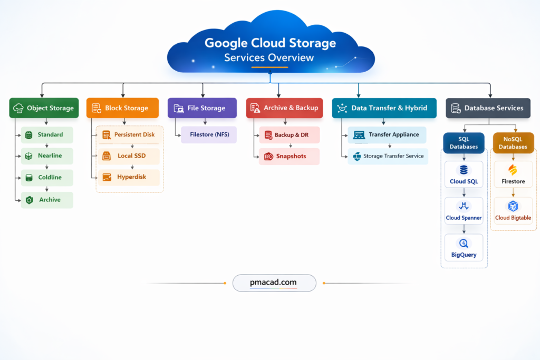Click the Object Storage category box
(44, 108)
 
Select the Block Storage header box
(122, 108)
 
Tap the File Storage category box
(202, 108)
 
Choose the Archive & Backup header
(284, 108)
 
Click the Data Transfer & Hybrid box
(384, 108)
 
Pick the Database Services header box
(488, 108)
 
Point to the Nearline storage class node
(47, 156)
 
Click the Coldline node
(47, 178)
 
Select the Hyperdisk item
(128, 178)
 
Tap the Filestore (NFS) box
(209, 134)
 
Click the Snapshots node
(289, 157)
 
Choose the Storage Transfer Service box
(388, 157)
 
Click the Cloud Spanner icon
(464, 206)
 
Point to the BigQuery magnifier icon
(464, 244)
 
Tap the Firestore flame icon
(513, 170)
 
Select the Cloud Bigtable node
(513, 211)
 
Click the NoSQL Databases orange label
(513, 143)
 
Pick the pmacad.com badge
(274, 283)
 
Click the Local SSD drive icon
(106, 156)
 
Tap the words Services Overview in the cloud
(269, 58)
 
